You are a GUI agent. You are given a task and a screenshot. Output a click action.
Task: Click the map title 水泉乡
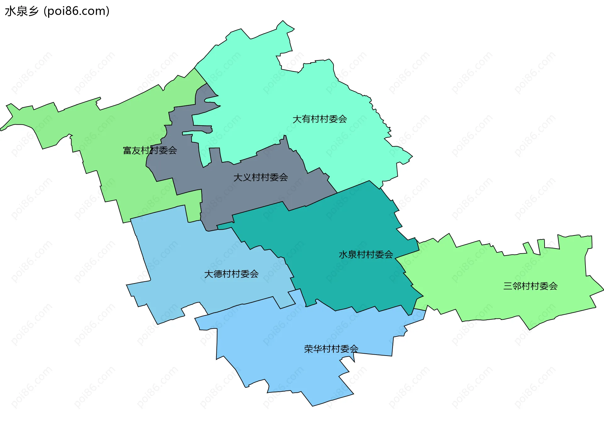[21, 11]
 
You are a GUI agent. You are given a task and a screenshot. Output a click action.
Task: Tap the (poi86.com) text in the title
[76, 11]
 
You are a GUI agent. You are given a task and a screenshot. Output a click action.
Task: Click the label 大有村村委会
[320, 119]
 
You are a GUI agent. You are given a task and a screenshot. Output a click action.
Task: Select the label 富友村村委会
[150, 150]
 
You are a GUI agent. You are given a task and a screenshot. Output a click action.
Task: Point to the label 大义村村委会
[260, 177]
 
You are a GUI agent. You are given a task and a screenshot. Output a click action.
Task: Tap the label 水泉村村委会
[366, 255]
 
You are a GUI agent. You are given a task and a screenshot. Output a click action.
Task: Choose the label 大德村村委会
[231, 274]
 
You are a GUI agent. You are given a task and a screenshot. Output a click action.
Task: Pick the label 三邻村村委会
[530, 286]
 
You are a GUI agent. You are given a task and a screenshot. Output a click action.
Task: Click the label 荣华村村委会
[331, 349]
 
